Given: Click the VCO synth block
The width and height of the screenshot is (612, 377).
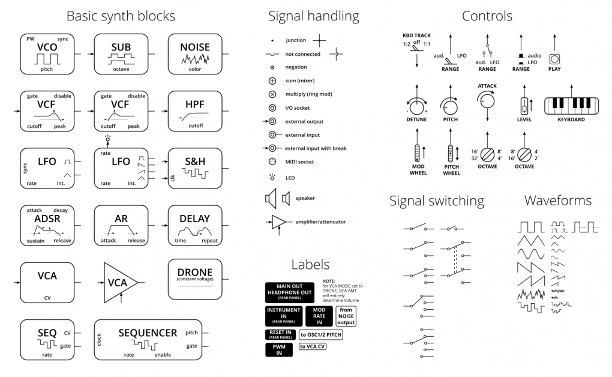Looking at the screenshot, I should pos(47,53).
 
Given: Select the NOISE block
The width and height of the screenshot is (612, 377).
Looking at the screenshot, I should pos(195,53).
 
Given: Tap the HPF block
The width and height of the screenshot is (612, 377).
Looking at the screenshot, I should pos(195,110).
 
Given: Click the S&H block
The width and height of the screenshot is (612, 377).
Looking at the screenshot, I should pos(195,167).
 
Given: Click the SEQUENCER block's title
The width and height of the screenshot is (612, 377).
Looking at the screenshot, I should pos(148,333).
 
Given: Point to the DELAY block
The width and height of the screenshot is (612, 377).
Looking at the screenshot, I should pos(195,225).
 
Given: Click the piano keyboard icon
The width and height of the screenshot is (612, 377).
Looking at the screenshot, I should pos(571,106).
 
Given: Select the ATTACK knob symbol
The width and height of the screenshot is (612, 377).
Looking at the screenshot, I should pos(487,103).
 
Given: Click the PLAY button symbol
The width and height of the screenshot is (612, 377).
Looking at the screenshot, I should pos(554,59).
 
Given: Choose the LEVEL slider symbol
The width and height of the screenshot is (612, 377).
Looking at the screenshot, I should pos(524,106).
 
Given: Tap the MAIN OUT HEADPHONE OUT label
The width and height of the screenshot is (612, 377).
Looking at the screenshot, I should pos(289,292).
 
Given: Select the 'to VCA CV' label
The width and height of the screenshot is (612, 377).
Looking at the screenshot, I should pos(313,346).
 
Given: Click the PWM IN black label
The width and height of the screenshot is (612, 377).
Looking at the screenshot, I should pos(278,350).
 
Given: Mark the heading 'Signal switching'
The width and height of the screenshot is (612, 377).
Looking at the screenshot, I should pos(436,201).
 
